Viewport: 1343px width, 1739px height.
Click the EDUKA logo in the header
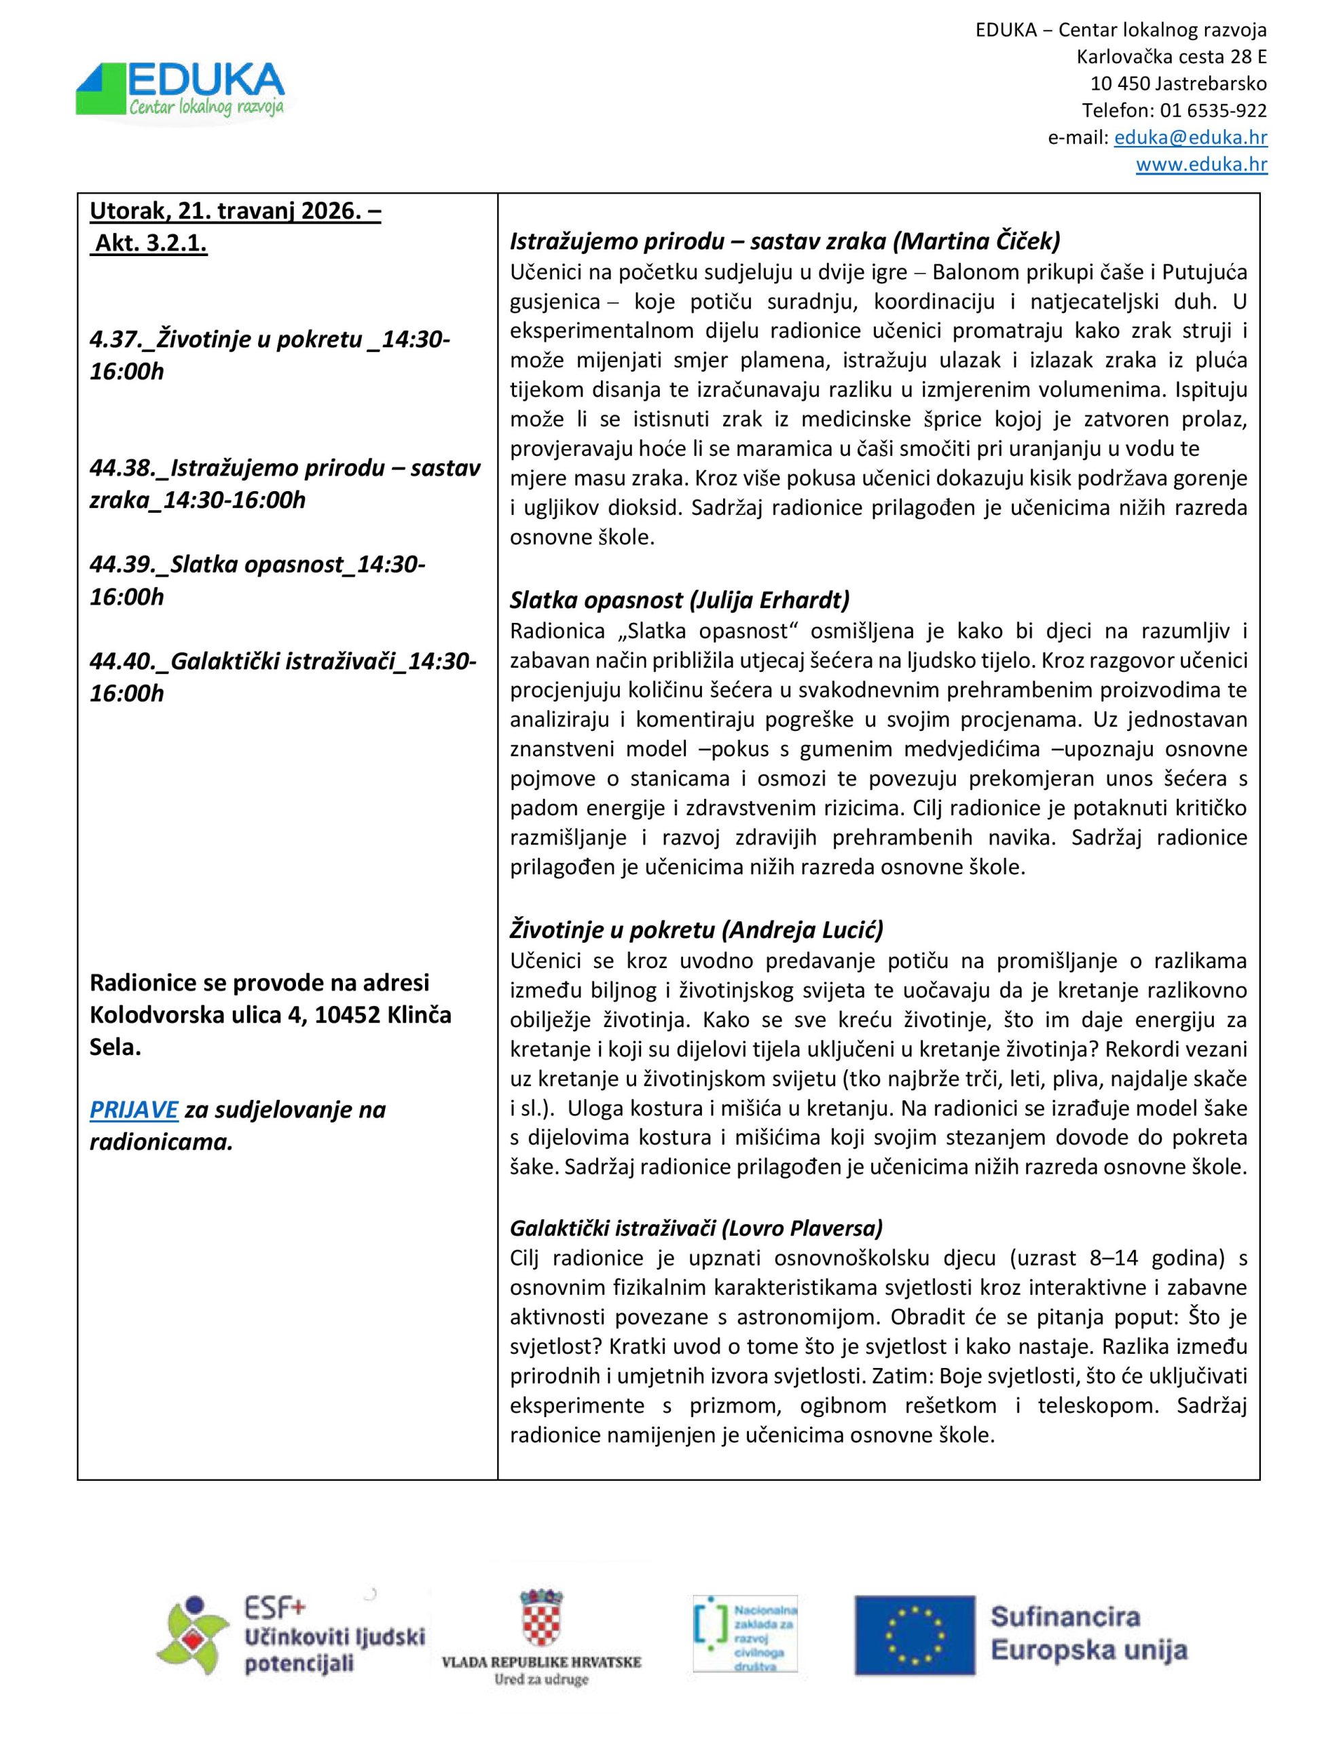pyautogui.click(x=181, y=90)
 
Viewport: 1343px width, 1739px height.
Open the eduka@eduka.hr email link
pyautogui.click(x=1190, y=138)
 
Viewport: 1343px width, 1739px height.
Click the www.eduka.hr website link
pyautogui.click(x=1201, y=165)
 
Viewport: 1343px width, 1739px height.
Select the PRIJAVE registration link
pyautogui.click(x=134, y=1109)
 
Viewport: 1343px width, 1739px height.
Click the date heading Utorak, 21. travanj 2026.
pyautogui.click(x=235, y=212)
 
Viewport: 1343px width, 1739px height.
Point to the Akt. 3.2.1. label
pyautogui.click(x=151, y=244)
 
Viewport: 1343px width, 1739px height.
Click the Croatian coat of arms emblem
pyautogui.click(x=540, y=1616)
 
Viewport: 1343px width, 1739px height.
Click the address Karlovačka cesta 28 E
pyautogui.click(x=1171, y=57)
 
